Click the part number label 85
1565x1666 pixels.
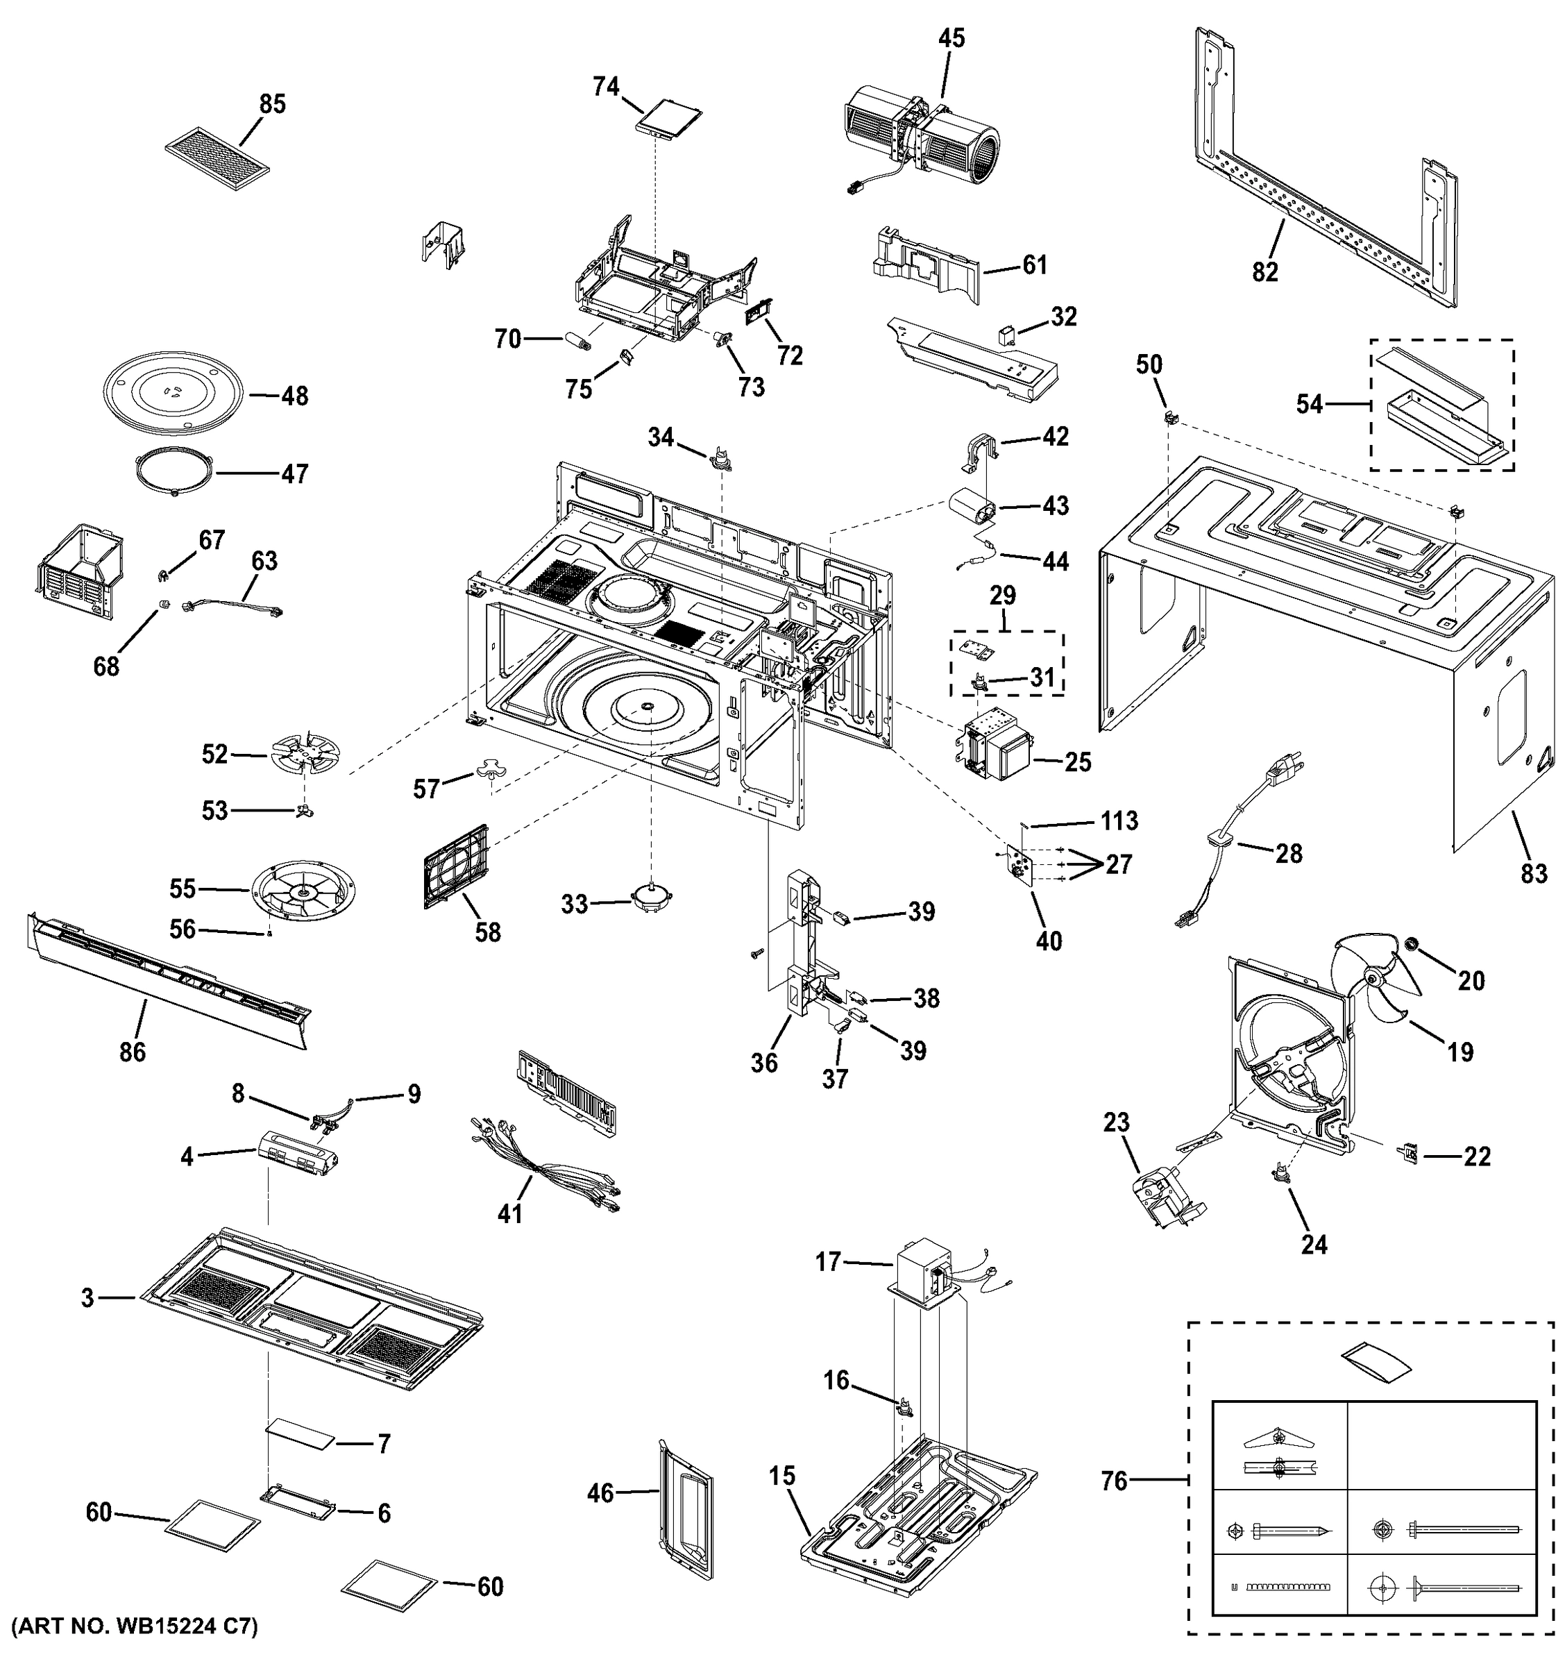tap(272, 104)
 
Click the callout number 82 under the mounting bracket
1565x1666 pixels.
tap(1265, 271)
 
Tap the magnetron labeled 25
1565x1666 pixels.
tap(998, 741)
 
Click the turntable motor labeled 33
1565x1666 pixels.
tap(652, 901)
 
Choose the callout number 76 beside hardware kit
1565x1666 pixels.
tap(1115, 1481)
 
